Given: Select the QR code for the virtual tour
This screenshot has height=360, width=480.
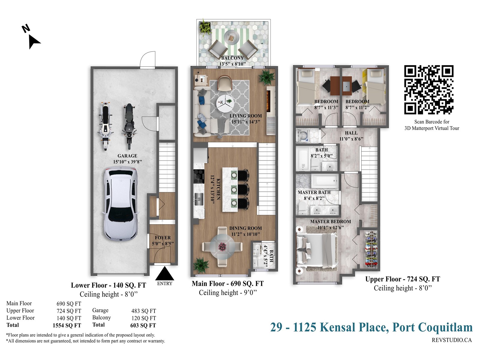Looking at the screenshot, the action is pos(428,90).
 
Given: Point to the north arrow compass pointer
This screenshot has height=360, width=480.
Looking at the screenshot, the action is pos(34,42).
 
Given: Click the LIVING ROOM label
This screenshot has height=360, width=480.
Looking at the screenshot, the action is pos(246,116).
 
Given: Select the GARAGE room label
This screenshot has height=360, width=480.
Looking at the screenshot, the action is pos(127,156).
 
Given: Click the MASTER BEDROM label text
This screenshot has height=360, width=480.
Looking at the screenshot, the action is pos(330,221).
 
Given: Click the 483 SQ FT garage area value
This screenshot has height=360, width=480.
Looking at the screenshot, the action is pos(144,311).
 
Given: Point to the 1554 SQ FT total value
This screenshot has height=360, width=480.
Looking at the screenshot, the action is pos(67,325).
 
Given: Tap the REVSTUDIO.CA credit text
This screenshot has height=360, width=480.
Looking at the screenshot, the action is pos(452,340).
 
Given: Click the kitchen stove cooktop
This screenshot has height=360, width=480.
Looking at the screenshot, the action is pos(199,176).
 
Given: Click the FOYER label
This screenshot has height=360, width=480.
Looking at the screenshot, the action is pos(163,238).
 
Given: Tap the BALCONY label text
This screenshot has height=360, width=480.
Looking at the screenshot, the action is pos(232,58).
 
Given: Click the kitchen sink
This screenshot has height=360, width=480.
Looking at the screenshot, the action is pos(199,199).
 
